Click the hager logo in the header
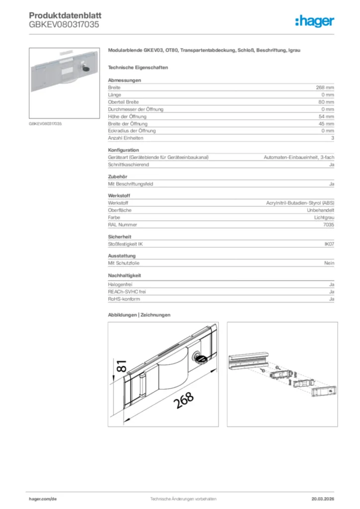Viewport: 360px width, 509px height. click(x=314, y=21)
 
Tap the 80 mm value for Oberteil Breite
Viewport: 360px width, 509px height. click(x=327, y=102)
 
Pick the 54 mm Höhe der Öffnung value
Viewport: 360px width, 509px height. click(x=327, y=116)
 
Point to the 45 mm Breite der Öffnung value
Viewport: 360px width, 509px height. click(x=327, y=124)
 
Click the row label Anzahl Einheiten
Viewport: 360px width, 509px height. click(x=125, y=138)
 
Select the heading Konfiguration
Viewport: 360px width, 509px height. click(x=123, y=150)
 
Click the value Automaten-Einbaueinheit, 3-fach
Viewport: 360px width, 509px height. click(x=298, y=158)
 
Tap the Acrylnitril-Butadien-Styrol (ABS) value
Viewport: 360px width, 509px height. click(x=300, y=203)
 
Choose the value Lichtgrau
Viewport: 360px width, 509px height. click(x=324, y=218)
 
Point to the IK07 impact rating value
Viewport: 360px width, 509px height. click(x=329, y=244)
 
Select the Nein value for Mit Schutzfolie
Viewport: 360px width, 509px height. click(x=329, y=263)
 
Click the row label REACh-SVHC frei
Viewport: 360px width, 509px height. click(x=127, y=292)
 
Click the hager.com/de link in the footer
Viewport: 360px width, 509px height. click(x=43, y=499)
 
